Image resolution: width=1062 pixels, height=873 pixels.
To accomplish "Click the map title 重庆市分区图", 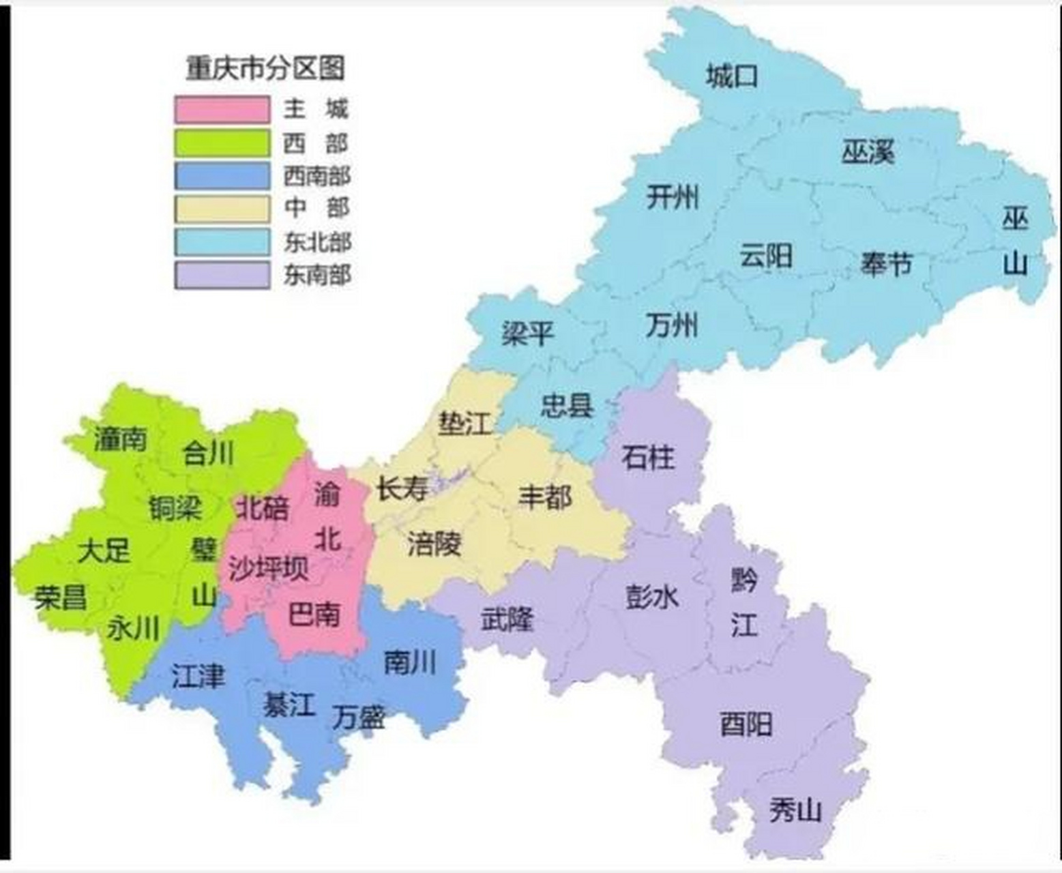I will [x=265, y=68].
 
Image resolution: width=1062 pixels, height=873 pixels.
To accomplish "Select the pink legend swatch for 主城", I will [x=222, y=110].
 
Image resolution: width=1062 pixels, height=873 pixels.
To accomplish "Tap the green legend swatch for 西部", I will [x=222, y=143].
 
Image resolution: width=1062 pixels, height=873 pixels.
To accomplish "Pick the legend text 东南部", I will [x=317, y=276].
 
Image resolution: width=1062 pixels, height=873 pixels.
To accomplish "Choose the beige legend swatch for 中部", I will [x=222, y=209].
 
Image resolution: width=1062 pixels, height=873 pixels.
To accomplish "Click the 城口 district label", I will [x=731, y=76].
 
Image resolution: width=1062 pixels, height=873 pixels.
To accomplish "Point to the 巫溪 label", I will [x=868, y=152].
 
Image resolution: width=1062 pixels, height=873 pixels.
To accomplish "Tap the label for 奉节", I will [x=885, y=263].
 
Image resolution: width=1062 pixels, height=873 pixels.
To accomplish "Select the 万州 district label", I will [x=672, y=325].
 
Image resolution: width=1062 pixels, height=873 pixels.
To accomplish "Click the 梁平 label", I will [x=527, y=334].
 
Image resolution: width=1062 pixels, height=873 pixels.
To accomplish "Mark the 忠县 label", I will [x=567, y=406].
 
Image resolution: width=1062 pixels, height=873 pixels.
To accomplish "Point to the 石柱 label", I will [x=648, y=457].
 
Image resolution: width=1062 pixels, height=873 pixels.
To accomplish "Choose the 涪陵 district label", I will [x=434, y=544].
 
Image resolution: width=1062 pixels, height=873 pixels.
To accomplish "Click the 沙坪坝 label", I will [x=268, y=569].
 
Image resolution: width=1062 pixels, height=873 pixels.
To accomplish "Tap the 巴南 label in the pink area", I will [x=314, y=615].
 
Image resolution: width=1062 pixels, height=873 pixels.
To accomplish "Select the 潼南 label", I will [x=120, y=439].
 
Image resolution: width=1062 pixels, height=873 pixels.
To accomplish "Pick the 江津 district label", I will [x=198, y=677].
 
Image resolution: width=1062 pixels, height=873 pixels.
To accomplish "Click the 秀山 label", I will [x=795, y=811].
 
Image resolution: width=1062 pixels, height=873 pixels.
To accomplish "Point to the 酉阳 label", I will [x=746, y=724].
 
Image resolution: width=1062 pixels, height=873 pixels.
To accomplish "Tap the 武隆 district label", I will [x=507, y=620].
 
